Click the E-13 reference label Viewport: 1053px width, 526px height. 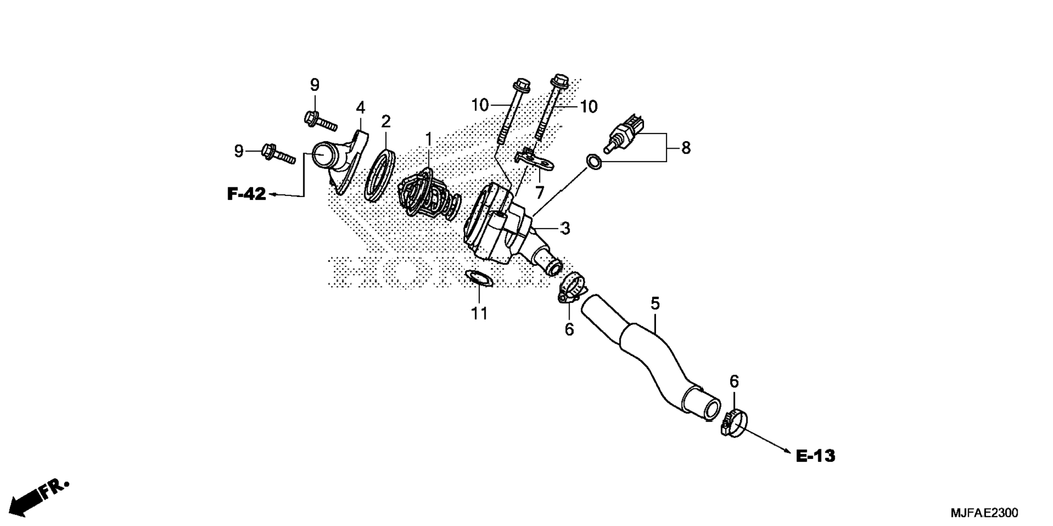pos(815,456)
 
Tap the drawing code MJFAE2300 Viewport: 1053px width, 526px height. pos(984,513)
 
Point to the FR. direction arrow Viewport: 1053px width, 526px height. pos(38,497)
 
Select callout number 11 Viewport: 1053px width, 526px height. pos(479,314)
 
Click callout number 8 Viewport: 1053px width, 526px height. pos(685,148)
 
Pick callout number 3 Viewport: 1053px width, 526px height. pos(565,229)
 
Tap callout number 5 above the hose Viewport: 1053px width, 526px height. pos(654,303)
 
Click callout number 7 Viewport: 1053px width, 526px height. pos(540,192)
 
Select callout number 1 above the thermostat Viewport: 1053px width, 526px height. pos(428,139)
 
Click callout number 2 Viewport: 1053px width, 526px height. pos(385,121)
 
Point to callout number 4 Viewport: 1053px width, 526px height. pos(360,108)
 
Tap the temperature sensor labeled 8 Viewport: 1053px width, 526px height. pos(626,133)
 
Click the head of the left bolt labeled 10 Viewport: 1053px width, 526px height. pos(521,84)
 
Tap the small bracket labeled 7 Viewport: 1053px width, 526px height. pos(534,160)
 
